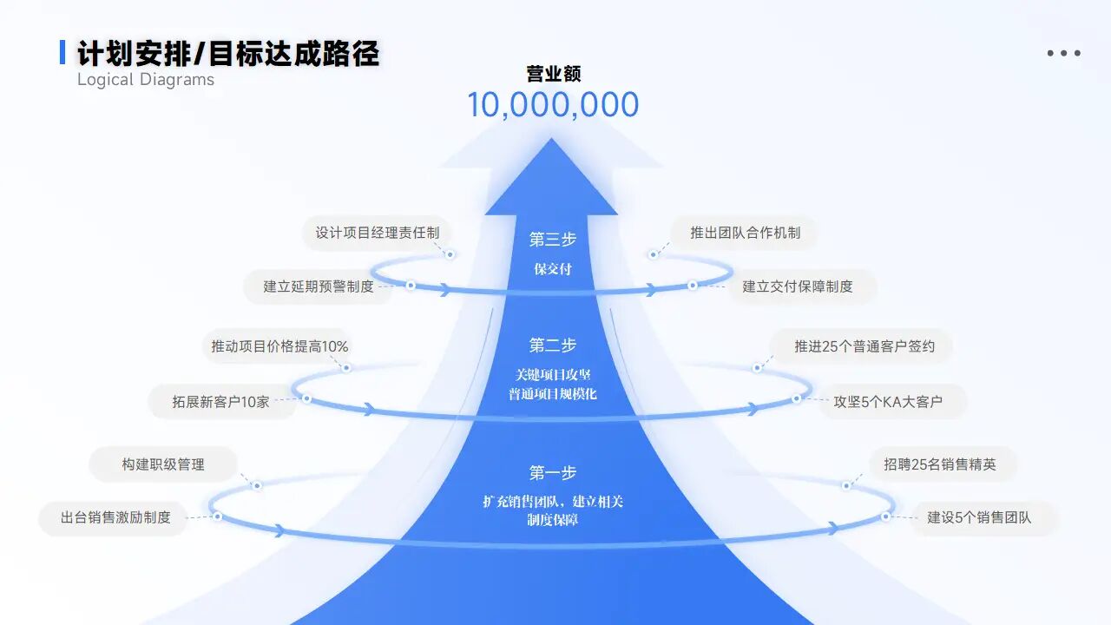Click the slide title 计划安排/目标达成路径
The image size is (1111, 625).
click(x=228, y=53)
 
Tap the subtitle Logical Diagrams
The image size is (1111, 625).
click(x=146, y=80)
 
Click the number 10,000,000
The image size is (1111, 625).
click(x=553, y=105)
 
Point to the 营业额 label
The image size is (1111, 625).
click(x=553, y=75)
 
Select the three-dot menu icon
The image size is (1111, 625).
click(x=1063, y=53)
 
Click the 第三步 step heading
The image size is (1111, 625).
click(x=553, y=239)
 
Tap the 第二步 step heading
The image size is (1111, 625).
click(x=553, y=345)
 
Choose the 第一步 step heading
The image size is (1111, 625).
click(x=553, y=473)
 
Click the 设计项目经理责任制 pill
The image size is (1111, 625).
click(x=377, y=233)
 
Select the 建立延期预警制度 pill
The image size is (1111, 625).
click(x=319, y=286)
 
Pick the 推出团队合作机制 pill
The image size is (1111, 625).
click(x=745, y=233)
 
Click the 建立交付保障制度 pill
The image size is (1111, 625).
click(x=798, y=286)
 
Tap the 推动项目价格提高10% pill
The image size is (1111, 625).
click(x=279, y=346)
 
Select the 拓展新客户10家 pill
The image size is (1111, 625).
click(x=220, y=402)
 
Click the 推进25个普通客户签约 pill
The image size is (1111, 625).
click(x=864, y=346)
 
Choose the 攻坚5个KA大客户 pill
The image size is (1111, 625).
click(x=888, y=402)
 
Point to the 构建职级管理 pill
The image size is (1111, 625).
click(x=163, y=464)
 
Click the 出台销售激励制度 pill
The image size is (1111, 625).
click(x=115, y=518)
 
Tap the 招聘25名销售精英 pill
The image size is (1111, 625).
click(x=940, y=464)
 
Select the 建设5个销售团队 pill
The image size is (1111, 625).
click(x=979, y=518)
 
